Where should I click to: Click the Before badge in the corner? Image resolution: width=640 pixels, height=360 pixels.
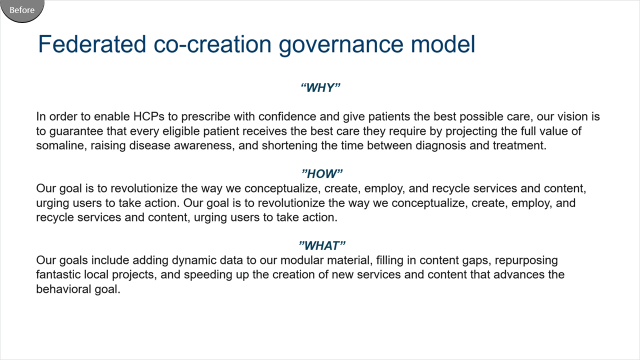22,10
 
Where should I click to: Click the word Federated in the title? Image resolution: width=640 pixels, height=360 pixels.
92,44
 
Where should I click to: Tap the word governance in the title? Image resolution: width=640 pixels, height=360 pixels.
341,44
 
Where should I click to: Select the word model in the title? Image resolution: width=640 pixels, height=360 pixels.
443,44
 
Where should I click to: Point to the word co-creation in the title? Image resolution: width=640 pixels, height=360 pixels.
212,44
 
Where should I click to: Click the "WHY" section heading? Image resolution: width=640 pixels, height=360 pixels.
320,87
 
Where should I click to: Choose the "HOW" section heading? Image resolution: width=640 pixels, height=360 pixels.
321,173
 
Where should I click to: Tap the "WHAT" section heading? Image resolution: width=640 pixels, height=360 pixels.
321,245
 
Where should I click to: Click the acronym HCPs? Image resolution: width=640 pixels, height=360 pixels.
149,116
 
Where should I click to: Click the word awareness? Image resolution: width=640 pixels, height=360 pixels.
204,145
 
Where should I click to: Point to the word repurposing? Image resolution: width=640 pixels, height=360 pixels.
526,260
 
